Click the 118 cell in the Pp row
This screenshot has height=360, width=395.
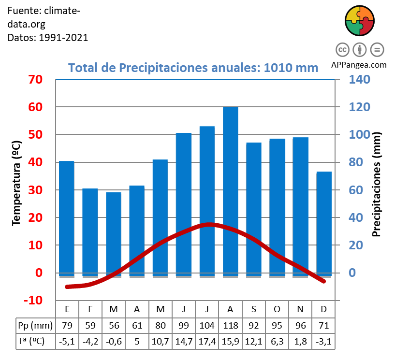231,325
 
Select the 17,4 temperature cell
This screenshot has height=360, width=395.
207,341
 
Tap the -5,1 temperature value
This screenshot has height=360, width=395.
67,341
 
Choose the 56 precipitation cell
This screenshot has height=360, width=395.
114,325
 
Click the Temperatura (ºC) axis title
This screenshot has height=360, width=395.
16,183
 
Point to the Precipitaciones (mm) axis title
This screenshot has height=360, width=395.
377,184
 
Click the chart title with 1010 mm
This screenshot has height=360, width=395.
193,68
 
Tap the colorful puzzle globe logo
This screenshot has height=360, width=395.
359,21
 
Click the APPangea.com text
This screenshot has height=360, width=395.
359,65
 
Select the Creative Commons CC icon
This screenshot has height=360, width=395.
342,49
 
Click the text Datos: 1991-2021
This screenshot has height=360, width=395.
48,37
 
